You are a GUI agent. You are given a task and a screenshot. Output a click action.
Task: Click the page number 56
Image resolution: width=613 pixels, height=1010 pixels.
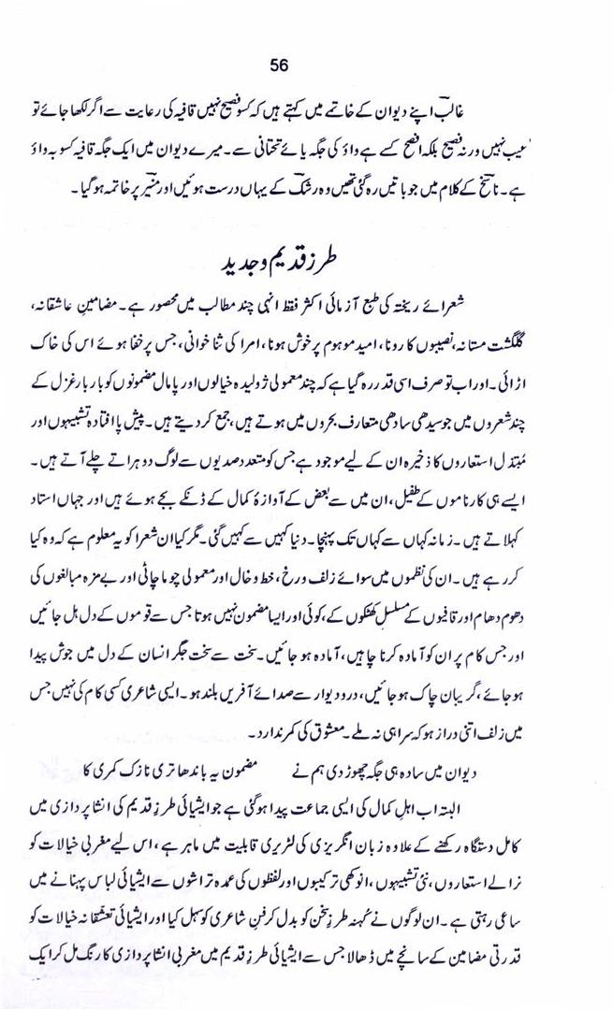(278, 65)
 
